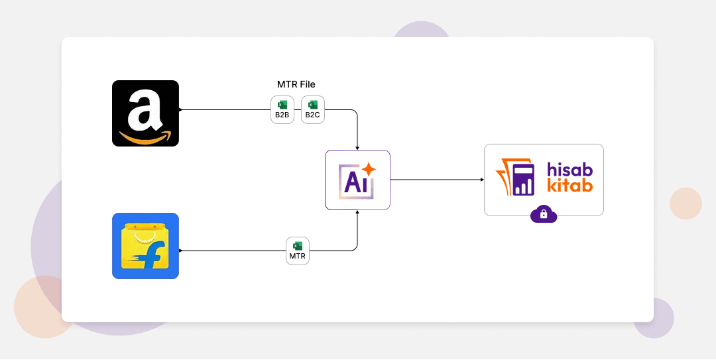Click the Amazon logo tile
[x=145, y=113]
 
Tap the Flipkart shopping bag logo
[x=145, y=246]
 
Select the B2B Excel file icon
[x=282, y=109]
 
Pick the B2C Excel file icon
[x=313, y=109]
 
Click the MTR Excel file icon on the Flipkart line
[x=297, y=251]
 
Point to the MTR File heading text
[x=296, y=84]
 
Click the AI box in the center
[x=357, y=180]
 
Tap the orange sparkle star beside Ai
[x=368, y=169]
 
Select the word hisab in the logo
[x=570, y=170]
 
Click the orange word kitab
[x=570, y=185]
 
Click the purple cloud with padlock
[x=544, y=213]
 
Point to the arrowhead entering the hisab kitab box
[x=482, y=180]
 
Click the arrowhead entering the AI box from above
[x=357, y=148]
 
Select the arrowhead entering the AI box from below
[x=357, y=212]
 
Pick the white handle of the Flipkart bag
[x=145, y=233]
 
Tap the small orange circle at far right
[x=686, y=204]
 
